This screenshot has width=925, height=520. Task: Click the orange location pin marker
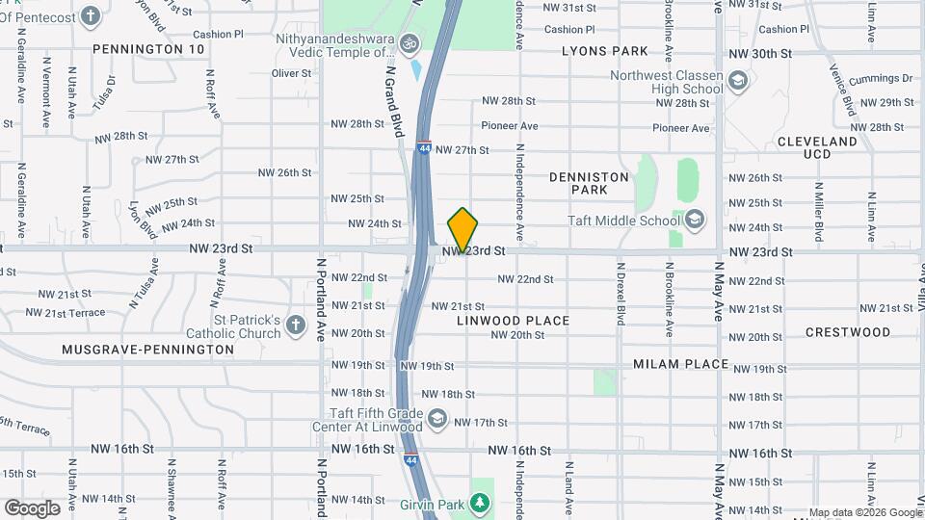462,229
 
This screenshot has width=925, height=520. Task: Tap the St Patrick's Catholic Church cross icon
297,327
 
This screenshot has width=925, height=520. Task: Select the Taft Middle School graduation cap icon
694,220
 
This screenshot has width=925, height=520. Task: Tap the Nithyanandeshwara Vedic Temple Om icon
409,43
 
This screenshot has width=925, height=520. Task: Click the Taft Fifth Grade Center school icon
437,417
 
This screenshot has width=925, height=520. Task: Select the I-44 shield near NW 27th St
424,148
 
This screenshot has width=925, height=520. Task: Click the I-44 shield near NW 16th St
411,460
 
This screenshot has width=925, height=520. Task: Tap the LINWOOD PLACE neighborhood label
513,321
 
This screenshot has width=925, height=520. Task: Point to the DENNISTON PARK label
589,184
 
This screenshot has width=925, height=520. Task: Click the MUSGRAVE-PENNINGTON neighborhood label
147,350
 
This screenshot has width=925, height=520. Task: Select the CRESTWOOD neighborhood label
848,332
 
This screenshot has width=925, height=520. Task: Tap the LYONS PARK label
605,50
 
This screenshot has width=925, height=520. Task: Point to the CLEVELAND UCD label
817,147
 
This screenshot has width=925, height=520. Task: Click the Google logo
32,507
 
